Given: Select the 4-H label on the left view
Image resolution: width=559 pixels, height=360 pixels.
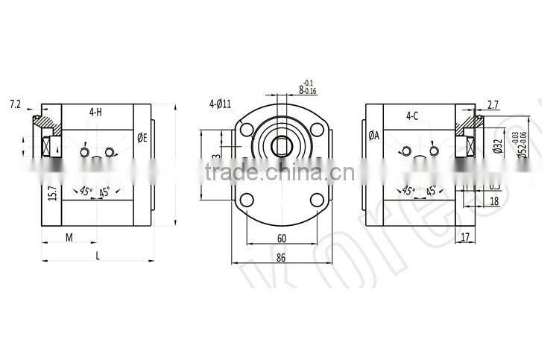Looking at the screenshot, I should [95, 113].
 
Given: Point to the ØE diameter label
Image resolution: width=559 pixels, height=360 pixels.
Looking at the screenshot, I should [142, 138].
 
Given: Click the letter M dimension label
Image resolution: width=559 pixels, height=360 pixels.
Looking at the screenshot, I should [69, 237].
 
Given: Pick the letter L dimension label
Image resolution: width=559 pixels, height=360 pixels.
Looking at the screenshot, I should [98, 255].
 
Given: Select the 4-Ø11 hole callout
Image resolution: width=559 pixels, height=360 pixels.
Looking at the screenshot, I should [221, 104].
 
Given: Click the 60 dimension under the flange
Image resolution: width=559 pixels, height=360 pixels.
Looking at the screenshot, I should [281, 239].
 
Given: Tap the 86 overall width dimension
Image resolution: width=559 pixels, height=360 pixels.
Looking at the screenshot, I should [281, 257].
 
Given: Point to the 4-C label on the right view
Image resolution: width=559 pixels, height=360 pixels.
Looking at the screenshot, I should [412, 116].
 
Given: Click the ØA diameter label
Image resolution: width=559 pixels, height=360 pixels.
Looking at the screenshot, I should [374, 136].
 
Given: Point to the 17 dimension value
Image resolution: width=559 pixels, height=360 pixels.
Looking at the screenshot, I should [465, 238].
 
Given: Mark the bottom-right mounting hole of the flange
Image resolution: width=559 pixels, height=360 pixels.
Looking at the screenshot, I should [316, 199].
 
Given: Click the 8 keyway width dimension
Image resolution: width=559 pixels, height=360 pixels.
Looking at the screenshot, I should [301, 89].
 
